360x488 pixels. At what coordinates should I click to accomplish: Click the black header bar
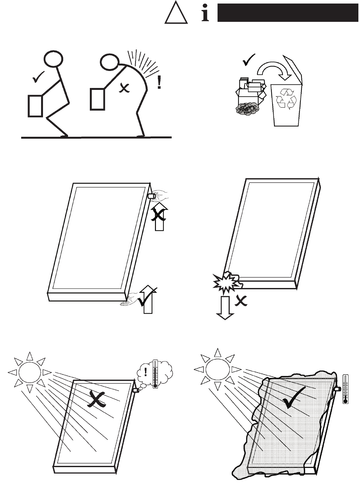point(287,13)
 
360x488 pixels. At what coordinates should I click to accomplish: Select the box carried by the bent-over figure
point(97,99)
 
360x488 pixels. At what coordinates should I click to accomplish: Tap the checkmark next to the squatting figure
point(38,77)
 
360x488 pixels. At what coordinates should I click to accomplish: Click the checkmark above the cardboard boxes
point(249,60)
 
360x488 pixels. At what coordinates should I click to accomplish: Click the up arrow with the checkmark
point(148,301)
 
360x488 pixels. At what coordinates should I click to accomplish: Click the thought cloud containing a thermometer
point(155,373)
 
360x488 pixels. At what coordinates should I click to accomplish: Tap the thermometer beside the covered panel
point(345,389)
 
